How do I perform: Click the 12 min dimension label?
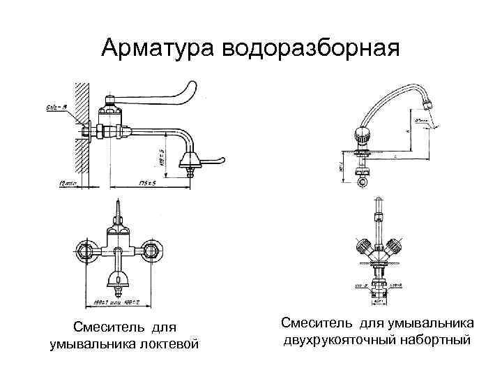point(67,183)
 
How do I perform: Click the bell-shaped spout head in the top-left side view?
point(191,163)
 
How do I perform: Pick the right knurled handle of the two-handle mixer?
point(395,246)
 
